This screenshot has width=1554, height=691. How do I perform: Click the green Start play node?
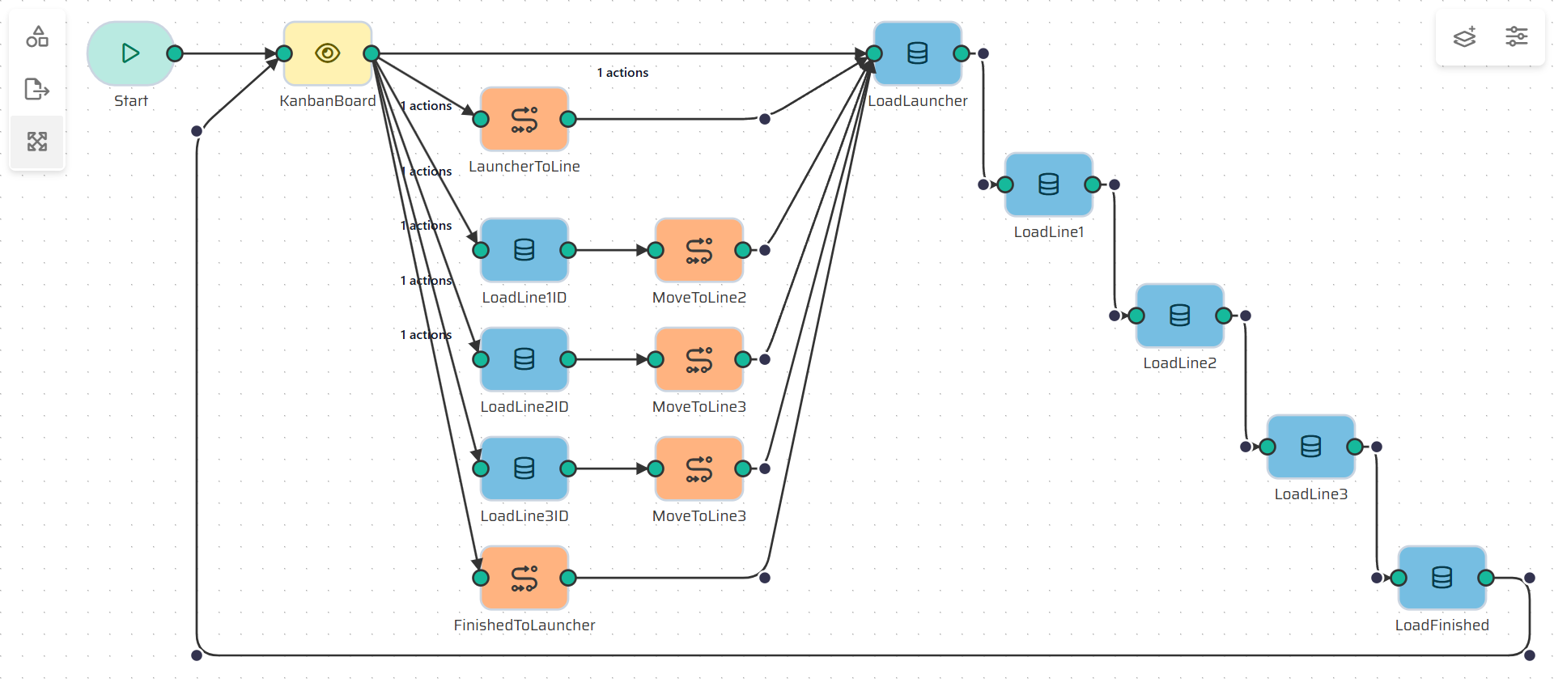tap(130, 53)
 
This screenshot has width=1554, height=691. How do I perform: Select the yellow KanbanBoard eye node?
tap(327, 53)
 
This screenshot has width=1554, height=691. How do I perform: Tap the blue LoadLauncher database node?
tap(917, 53)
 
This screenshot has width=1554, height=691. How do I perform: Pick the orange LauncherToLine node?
tap(524, 119)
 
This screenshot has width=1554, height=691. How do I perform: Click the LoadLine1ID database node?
tap(524, 250)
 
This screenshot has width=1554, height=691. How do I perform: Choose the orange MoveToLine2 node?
tap(698, 250)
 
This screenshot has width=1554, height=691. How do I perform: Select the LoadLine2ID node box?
tap(524, 359)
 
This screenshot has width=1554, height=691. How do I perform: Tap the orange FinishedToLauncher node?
tap(524, 578)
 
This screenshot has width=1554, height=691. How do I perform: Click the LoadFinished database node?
tap(1441, 578)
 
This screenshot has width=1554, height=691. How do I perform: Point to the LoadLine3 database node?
tap(1310, 447)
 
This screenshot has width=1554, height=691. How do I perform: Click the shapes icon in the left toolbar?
tap(37, 36)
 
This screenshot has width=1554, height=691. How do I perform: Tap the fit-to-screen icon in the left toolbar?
tap(37, 142)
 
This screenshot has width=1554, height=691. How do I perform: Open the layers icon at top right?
tap(1464, 36)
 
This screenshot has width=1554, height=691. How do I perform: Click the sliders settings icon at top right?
tap(1516, 36)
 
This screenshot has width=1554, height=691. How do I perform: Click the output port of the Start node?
tap(175, 53)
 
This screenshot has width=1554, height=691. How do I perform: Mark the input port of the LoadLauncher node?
tap(874, 53)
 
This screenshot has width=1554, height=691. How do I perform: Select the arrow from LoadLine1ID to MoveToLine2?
tap(611, 250)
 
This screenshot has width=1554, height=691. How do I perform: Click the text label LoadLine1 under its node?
tap(1048, 232)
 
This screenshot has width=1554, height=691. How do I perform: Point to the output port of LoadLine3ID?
tap(568, 468)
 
